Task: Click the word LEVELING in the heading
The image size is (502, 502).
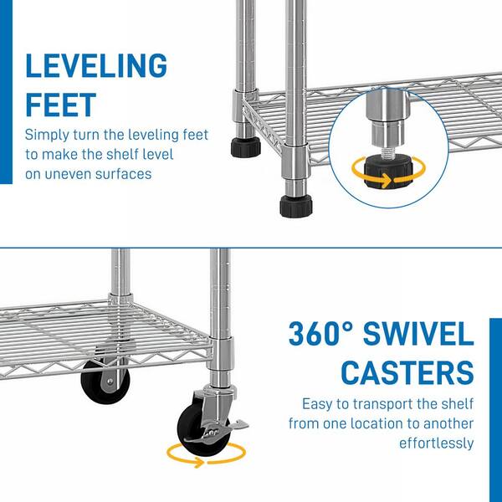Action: tap(96, 65)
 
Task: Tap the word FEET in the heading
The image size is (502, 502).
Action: tap(61, 105)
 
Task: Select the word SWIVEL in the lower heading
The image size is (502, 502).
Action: tap(418, 334)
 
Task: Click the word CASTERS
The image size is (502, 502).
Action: tap(407, 372)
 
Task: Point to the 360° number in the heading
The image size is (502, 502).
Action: tap(321, 334)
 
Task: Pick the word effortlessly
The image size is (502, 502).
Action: tap(436, 443)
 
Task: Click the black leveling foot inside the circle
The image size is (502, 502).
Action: tap(388, 172)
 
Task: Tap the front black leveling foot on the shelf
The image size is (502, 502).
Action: tap(296, 206)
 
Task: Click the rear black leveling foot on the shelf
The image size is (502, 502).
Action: tap(245, 147)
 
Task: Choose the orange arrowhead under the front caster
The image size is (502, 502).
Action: tap(199, 463)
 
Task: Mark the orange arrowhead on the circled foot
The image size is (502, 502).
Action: tap(387, 180)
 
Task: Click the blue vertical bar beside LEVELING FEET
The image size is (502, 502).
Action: tap(6, 92)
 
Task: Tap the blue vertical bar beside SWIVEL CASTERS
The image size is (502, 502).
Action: tap(495, 410)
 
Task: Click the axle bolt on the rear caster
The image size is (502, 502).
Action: tap(110, 382)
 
